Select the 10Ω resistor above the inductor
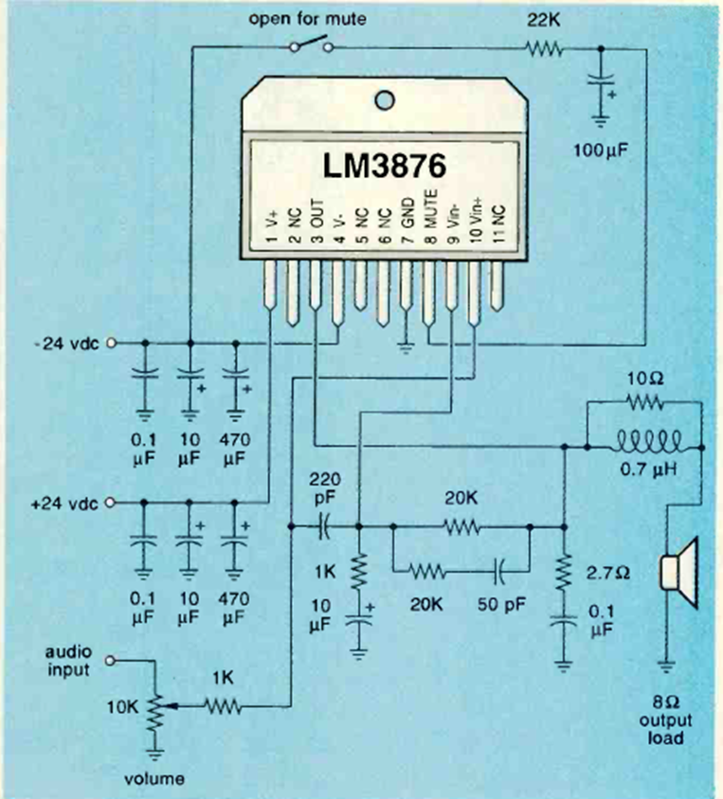coord(644,403)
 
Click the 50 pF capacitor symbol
coord(498,571)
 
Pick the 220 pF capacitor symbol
coord(324,524)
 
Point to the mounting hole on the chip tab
coord(382,99)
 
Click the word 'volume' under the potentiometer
coord(155,780)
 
